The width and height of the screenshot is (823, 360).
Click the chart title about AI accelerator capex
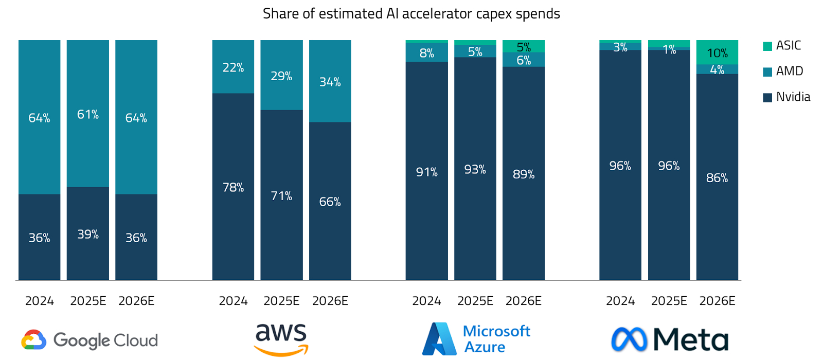pyautogui.click(x=411, y=14)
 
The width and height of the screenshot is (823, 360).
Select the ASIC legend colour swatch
pyautogui.click(x=767, y=46)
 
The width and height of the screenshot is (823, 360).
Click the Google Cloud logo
pyautogui.click(x=90, y=340)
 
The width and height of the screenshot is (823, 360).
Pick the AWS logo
pyautogui.click(x=281, y=339)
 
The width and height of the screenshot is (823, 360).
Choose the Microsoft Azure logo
pyautogui.click(x=476, y=339)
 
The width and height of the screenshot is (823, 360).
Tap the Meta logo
pyautogui.click(x=669, y=339)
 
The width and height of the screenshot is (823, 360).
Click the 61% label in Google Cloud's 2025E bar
pyautogui.click(x=88, y=114)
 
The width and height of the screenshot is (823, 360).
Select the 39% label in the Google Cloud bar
pyautogui.click(x=88, y=235)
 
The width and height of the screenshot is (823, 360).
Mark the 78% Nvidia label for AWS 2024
pyautogui.click(x=233, y=188)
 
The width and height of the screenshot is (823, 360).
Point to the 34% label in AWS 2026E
pyautogui.click(x=330, y=82)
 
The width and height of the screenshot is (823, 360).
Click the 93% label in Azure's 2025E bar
pyautogui.click(x=475, y=170)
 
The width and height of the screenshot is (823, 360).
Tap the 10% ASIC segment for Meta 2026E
pyautogui.click(x=717, y=52)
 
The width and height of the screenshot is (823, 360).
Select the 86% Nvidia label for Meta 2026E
pyautogui.click(x=717, y=178)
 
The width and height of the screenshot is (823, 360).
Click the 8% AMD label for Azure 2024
pyautogui.click(x=426, y=53)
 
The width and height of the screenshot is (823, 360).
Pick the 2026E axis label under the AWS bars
pyautogui.click(x=330, y=301)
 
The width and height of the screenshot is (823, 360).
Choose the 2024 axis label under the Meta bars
pyautogui.click(x=620, y=301)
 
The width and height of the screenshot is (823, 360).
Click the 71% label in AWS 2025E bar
pyautogui.click(x=281, y=196)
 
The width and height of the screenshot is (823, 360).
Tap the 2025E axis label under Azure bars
pyautogui.click(x=475, y=301)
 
